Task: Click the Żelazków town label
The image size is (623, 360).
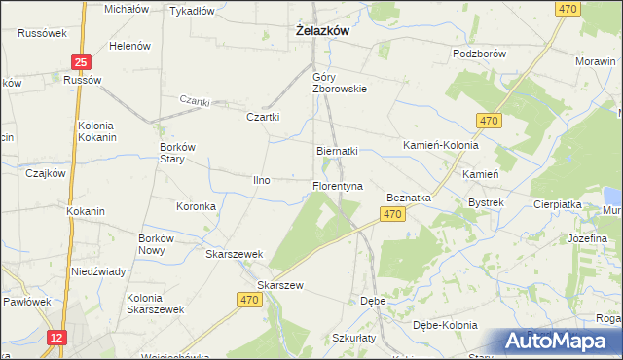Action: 322,31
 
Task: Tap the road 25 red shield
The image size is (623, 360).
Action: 82,62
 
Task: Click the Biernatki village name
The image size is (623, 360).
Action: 338,152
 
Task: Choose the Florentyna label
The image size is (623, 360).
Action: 337,185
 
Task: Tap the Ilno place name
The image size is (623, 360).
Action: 262,180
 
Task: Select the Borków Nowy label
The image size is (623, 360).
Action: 157,244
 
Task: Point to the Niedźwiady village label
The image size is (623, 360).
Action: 97,271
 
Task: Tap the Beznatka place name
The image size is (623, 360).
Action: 409,197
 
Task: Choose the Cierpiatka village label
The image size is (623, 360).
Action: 557,205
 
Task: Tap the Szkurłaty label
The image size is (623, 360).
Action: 352,337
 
